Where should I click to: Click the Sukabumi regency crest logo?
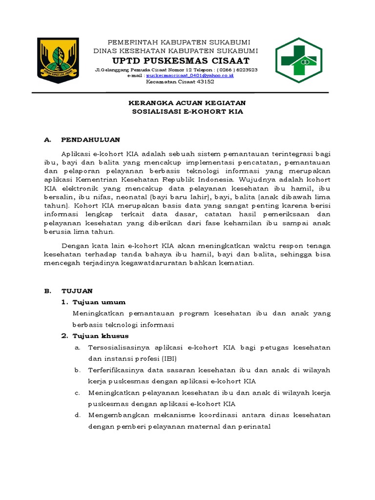click(58, 61)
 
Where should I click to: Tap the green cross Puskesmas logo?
click(298, 61)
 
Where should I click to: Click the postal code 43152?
click(205, 82)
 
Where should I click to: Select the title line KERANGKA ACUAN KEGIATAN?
click(187, 103)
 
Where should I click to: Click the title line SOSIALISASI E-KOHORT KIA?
click(187, 111)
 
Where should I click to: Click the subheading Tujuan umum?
click(99, 302)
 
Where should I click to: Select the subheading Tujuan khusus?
click(101, 336)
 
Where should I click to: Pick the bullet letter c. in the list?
click(77, 393)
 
